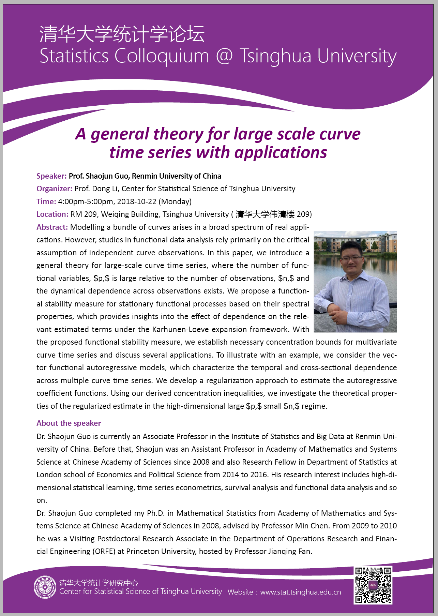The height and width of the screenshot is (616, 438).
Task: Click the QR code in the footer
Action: click(x=373, y=585)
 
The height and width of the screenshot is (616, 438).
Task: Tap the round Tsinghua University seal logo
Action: click(x=45, y=587)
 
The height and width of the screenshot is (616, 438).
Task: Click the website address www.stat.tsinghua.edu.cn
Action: click(x=300, y=592)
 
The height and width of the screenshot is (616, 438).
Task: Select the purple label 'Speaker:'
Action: click(x=51, y=176)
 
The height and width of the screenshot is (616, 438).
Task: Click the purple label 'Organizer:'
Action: click(x=54, y=189)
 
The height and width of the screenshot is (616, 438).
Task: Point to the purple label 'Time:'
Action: click(x=46, y=201)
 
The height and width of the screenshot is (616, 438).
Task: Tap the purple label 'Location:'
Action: click(x=52, y=214)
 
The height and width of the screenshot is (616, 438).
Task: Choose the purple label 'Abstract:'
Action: click(x=52, y=227)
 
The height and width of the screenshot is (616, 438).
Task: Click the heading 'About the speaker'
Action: click(x=69, y=423)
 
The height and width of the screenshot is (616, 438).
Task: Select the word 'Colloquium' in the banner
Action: click(x=162, y=56)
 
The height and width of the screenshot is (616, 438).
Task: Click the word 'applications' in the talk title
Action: click(x=281, y=152)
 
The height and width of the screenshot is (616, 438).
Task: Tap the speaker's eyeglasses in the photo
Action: click(x=351, y=258)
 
